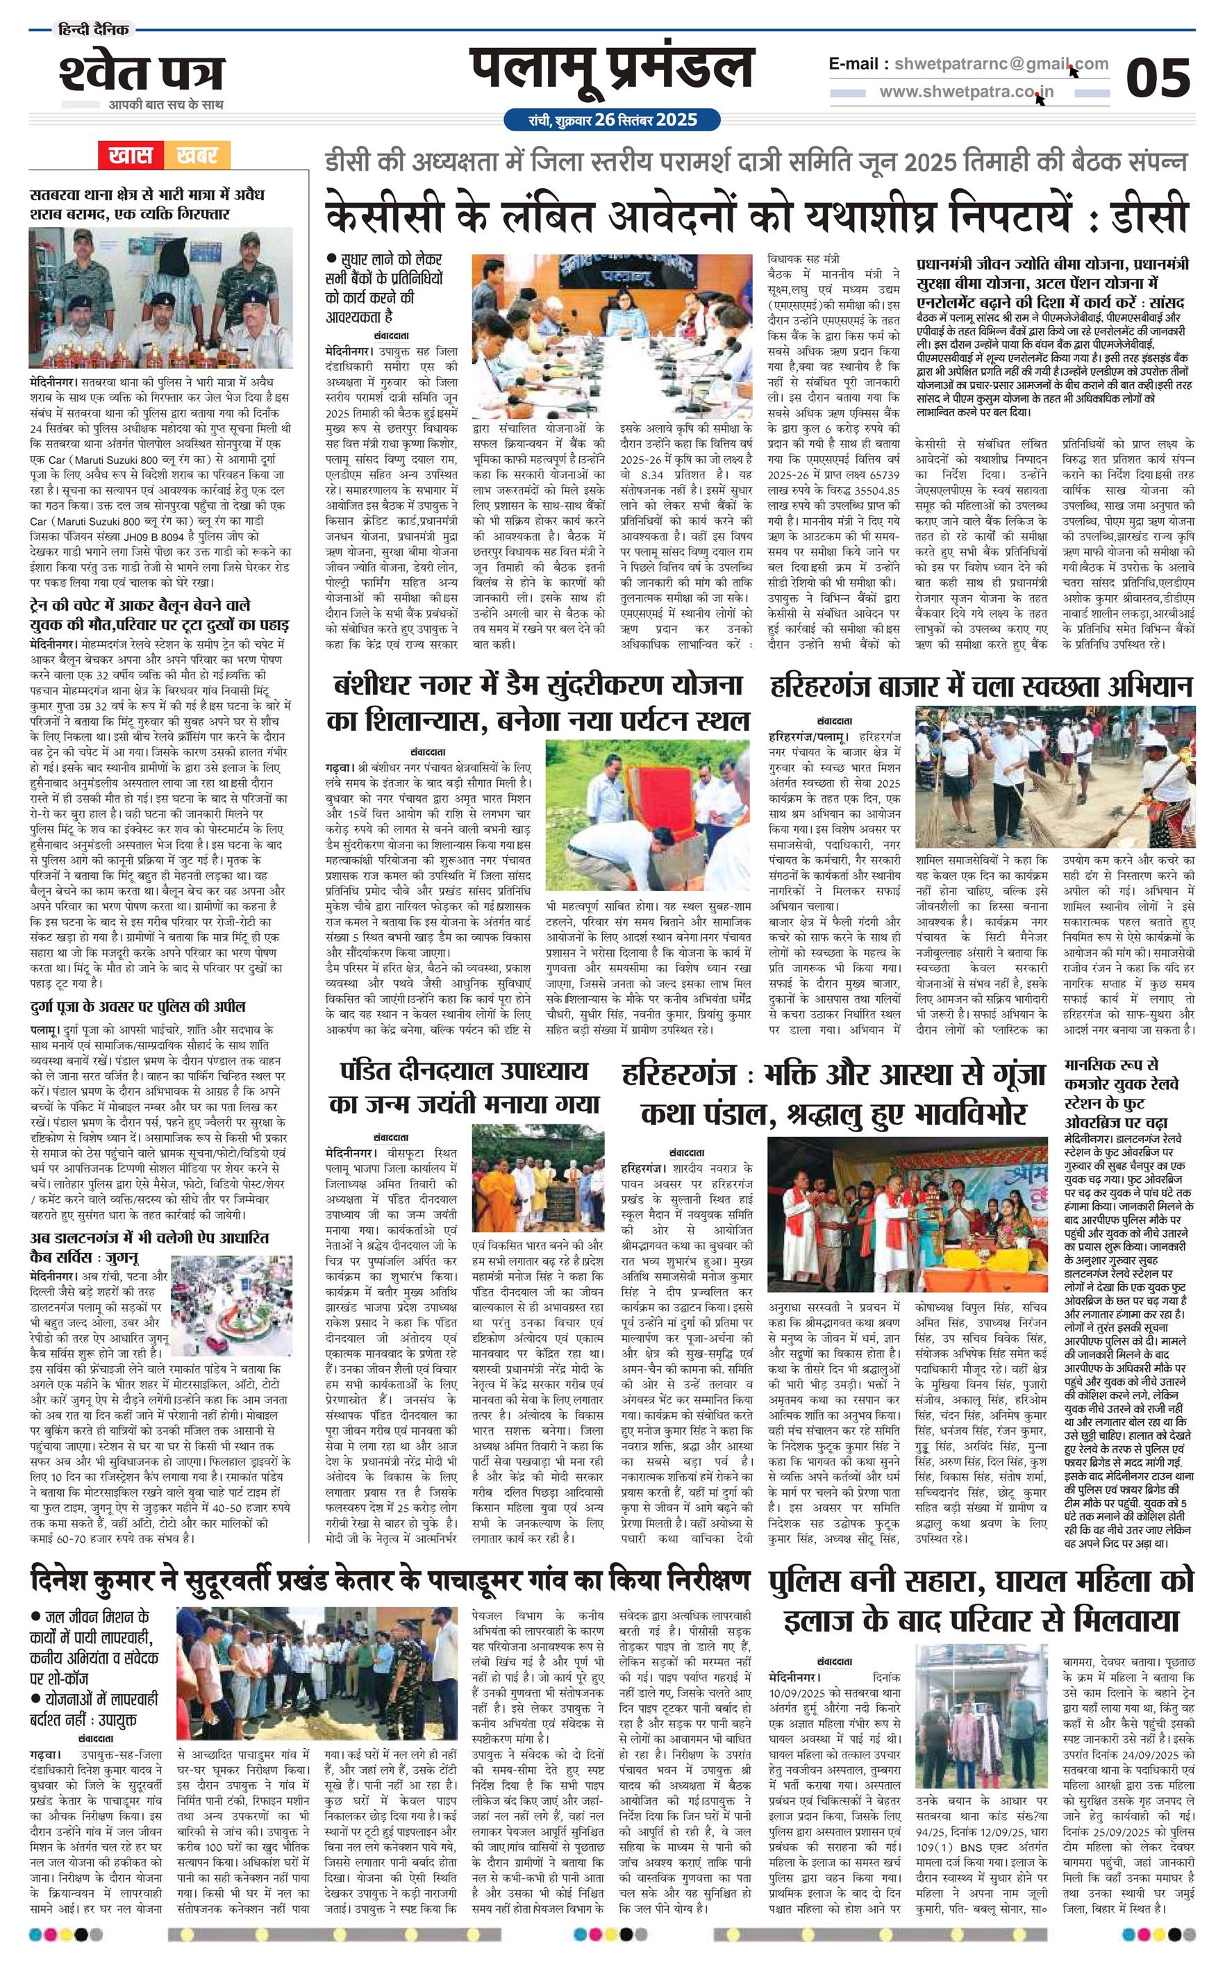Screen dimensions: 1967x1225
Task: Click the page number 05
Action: click(x=1158, y=78)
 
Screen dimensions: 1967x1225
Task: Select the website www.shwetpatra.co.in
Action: click(x=967, y=92)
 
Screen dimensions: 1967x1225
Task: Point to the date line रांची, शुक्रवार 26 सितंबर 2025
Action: click(x=612, y=120)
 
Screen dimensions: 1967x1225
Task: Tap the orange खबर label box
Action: click(x=197, y=155)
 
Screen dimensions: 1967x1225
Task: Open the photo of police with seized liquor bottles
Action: click(x=160, y=297)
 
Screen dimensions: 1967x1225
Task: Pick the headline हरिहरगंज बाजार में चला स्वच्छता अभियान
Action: click(x=981, y=686)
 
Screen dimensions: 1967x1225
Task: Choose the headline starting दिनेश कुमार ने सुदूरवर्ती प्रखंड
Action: click(x=390, y=1581)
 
